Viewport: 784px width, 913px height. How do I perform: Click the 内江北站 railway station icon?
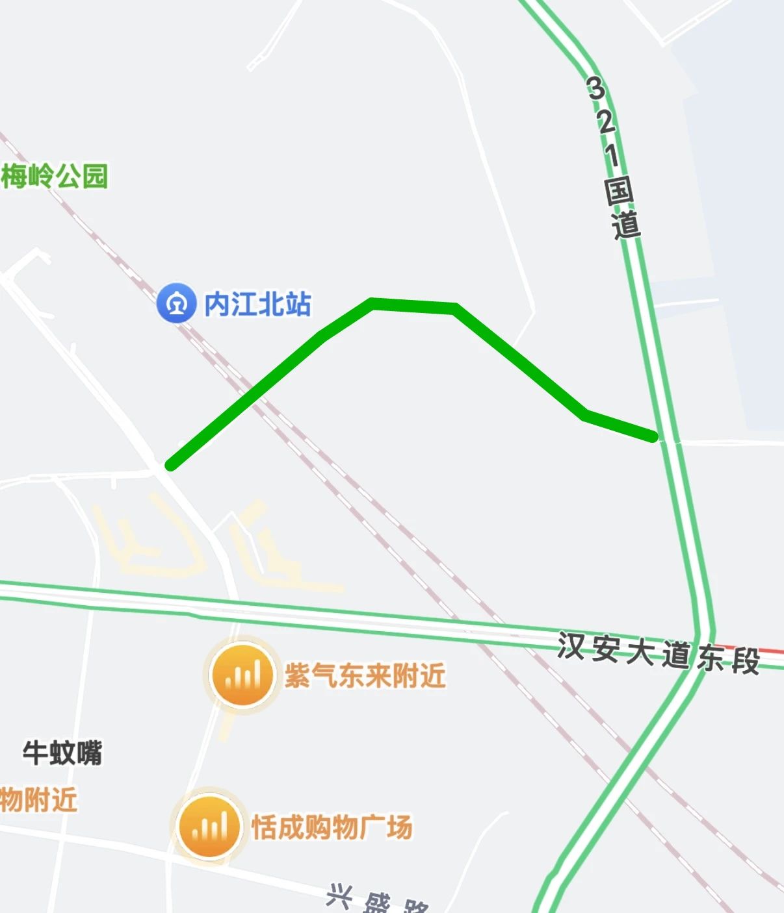[176, 303]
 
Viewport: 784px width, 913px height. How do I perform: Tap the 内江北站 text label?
[258, 304]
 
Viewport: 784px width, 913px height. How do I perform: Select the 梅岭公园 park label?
[55, 176]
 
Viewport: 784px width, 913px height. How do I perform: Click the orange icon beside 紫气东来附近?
[242, 676]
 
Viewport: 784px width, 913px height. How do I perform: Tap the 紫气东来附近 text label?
[365, 676]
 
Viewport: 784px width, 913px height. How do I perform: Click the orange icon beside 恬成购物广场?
[209, 827]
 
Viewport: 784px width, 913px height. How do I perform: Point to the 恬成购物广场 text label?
[332, 827]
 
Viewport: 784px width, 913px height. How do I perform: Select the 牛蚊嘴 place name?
[62, 753]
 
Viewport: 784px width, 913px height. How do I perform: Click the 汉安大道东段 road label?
[658, 652]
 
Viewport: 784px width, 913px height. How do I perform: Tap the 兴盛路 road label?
[377, 899]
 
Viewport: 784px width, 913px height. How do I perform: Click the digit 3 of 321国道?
[595, 88]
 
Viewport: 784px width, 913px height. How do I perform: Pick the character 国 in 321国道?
[619, 191]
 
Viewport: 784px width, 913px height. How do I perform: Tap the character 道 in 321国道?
[626, 225]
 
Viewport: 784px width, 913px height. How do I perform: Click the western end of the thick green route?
[170, 465]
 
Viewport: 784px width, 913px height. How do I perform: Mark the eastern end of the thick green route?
[653, 438]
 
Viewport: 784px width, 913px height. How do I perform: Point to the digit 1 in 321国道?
[612, 156]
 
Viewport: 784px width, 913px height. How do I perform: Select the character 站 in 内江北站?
[298, 304]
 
